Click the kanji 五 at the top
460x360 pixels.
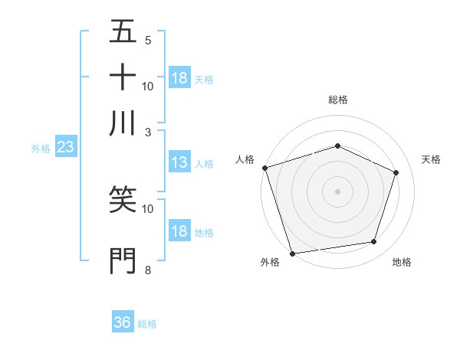click(123, 33)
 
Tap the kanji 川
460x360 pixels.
click(123, 122)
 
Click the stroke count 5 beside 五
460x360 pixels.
click(147, 40)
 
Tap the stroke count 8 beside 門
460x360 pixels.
click(147, 270)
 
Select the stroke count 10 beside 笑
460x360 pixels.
click(147, 208)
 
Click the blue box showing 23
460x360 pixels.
click(64, 148)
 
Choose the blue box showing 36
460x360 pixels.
click(123, 322)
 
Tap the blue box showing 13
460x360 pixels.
click(179, 162)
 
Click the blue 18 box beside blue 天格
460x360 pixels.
click(179, 78)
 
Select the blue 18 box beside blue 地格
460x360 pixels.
click(179, 231)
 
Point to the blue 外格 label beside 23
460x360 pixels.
click(40, 149)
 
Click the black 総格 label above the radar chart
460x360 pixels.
click(337, 100)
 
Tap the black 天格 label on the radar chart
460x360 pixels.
click(431, 159)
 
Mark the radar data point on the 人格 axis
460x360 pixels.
click(264, 168)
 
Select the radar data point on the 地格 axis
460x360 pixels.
click(374, 242)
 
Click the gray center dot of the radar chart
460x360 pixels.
click(337, 191)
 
